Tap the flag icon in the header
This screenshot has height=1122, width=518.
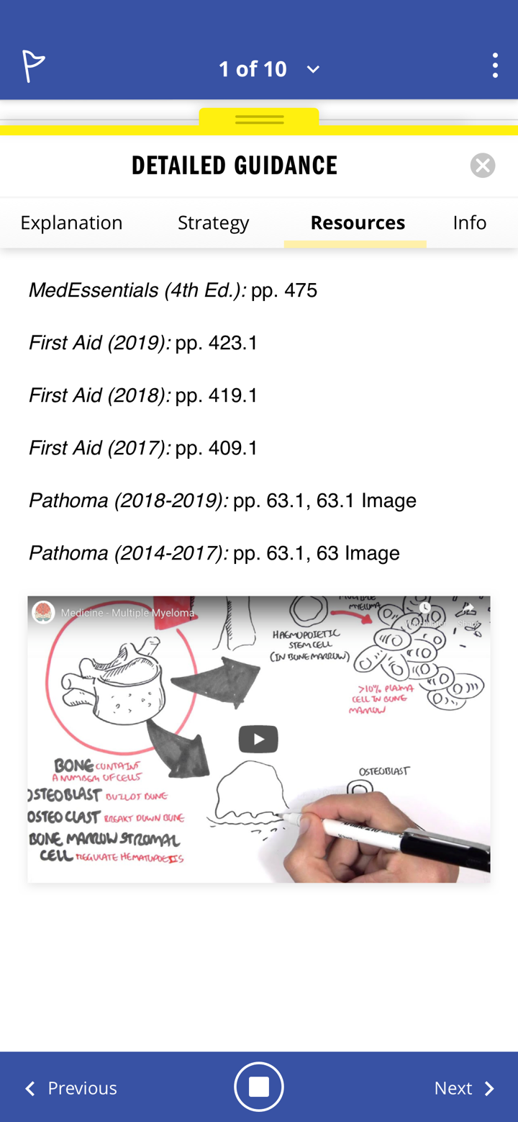33,67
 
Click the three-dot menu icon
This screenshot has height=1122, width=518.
495,66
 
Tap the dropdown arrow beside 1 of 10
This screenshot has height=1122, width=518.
313,69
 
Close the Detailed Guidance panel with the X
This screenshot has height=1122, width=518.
483,166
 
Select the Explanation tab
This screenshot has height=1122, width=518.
71,223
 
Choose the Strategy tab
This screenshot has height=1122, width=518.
213,223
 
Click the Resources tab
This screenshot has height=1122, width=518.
358,223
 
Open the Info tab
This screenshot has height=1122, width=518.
469,223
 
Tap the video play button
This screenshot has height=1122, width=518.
258,739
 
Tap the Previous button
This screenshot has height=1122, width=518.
71,1087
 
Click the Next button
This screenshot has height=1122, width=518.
464,1087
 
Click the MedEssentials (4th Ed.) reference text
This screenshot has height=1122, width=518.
137,290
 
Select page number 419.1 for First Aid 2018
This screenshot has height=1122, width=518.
232,395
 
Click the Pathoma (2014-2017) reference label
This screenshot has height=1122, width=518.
128,553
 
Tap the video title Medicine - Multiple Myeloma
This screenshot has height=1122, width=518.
127,613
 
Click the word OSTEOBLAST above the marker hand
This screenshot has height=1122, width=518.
383,771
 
